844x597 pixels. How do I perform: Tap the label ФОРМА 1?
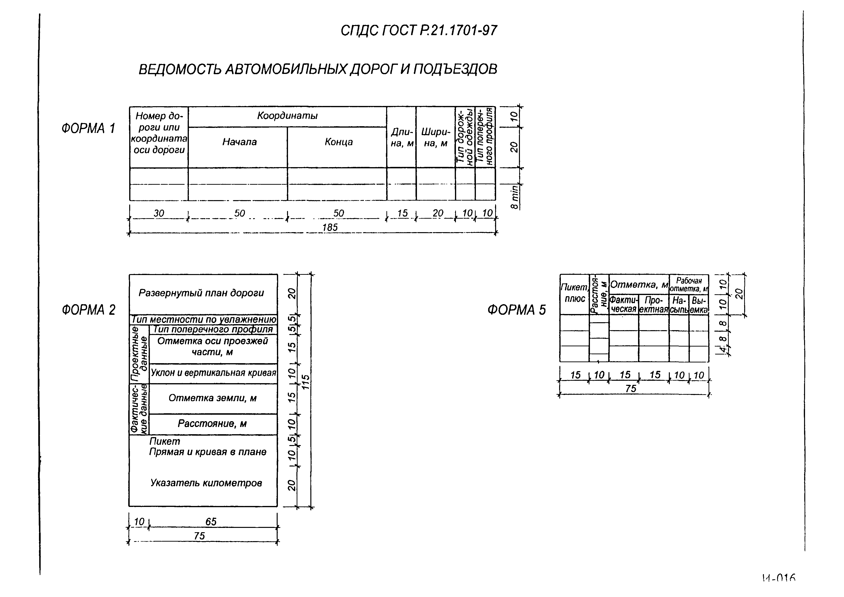pos(88,128)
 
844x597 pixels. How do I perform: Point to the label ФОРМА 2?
pos(88,310)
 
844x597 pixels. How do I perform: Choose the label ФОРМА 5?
pos(517,310)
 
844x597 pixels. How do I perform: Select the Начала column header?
pos(239,142)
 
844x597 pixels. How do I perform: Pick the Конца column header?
pos(339,142)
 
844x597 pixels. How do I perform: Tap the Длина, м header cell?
pos(401,138)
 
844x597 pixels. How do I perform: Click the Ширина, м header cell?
pos(436,138)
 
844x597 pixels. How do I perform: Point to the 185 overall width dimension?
pos(330,228)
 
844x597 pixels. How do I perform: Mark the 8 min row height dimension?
pos(515,197)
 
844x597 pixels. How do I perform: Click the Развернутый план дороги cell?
pos(201,293)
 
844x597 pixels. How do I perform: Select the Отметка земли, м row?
pos(212,398)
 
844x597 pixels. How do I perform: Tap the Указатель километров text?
pos(206,483)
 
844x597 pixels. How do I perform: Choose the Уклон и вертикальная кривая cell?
pos(213,373)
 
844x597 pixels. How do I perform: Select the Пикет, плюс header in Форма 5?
pos(575,293)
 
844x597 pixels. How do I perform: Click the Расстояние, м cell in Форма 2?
pos(212,424)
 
